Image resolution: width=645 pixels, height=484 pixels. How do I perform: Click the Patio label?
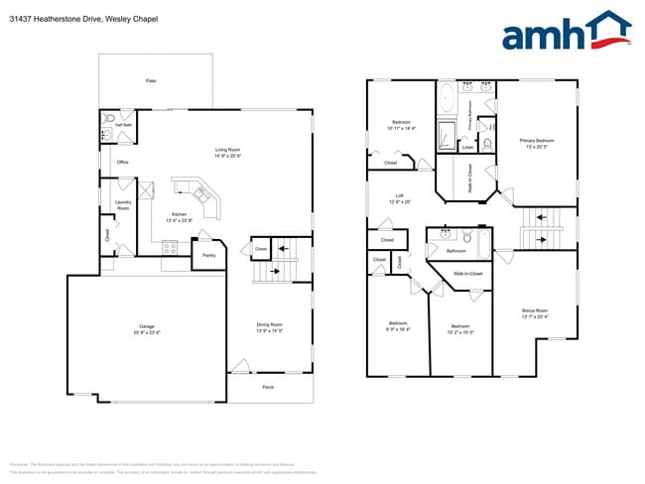point(151,80)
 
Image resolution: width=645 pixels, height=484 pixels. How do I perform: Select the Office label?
point(123,162)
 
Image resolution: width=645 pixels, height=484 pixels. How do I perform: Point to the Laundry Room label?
point(123,205)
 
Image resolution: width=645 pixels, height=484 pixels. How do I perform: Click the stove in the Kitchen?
point(170,248)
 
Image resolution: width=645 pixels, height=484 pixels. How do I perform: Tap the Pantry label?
point(208,256)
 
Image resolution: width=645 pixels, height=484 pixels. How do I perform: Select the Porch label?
point(268,387)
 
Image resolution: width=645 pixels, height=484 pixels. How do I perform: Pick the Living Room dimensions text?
point(229,157)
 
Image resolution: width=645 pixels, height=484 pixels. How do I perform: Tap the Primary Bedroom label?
point(537,141)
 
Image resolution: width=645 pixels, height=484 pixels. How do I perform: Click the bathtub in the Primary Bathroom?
point(446,100)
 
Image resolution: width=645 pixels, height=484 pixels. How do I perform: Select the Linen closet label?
point(467,148)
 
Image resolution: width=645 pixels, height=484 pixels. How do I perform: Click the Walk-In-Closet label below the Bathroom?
point(467,273)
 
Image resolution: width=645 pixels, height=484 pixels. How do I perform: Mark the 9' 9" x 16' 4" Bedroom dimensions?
point(398,329)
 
